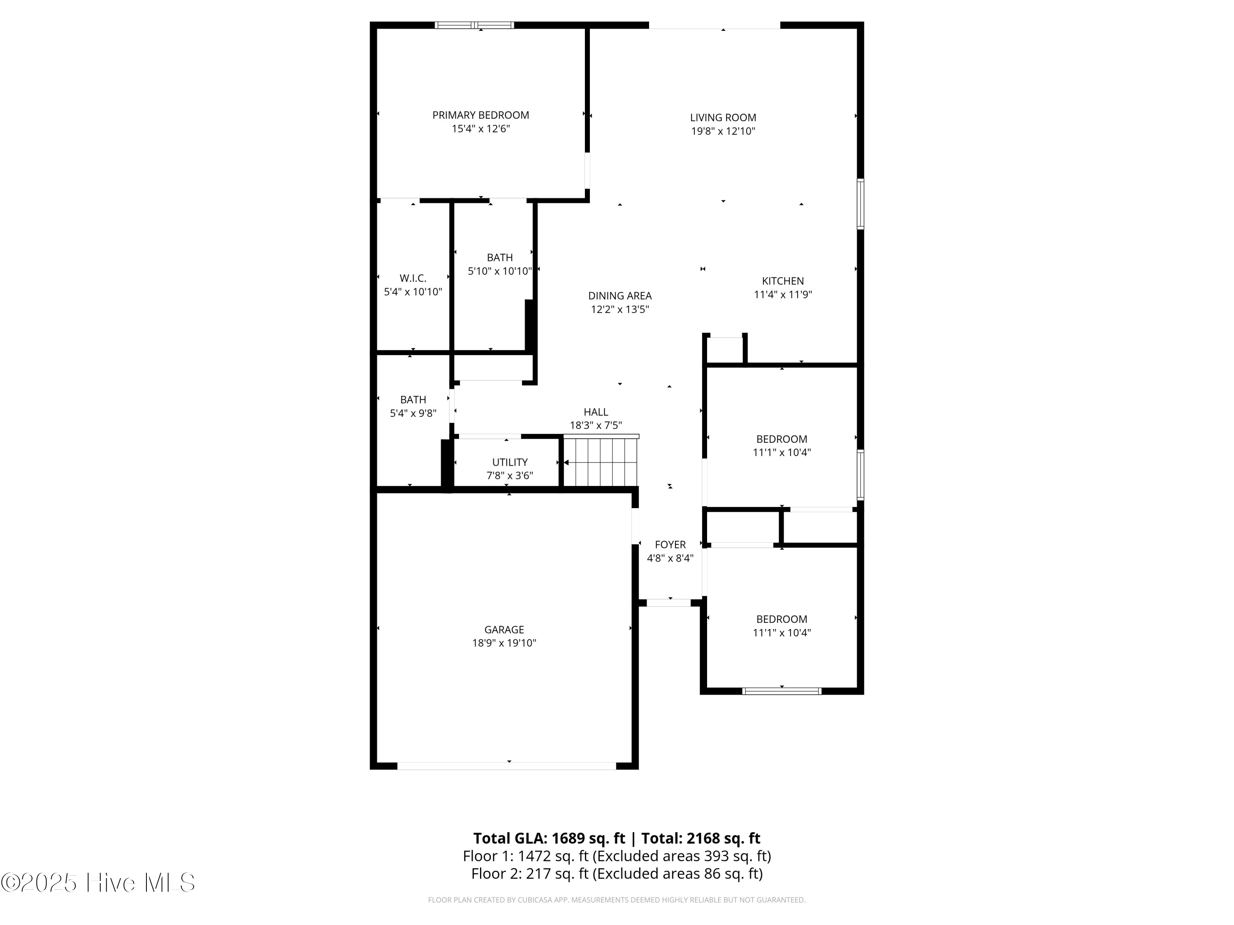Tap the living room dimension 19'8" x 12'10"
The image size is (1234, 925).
(723, 132)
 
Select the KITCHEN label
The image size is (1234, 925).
(783, 282)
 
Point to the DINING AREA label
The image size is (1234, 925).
(620, 296)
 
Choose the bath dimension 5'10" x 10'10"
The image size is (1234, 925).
(499, 271)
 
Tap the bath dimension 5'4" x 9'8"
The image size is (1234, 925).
(413, 414)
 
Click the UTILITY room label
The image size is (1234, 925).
(509, 462)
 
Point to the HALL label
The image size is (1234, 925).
(595, 412)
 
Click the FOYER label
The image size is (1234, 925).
(670, 545)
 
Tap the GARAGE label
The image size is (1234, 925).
(504, 629)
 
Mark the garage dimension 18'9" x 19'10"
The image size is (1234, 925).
(504, 643)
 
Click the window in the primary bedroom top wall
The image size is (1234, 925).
(474, 25)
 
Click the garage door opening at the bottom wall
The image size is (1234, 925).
(506, 766)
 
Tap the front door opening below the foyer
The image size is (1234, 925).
(668, 603)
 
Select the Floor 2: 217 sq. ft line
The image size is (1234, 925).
(617, 874)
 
